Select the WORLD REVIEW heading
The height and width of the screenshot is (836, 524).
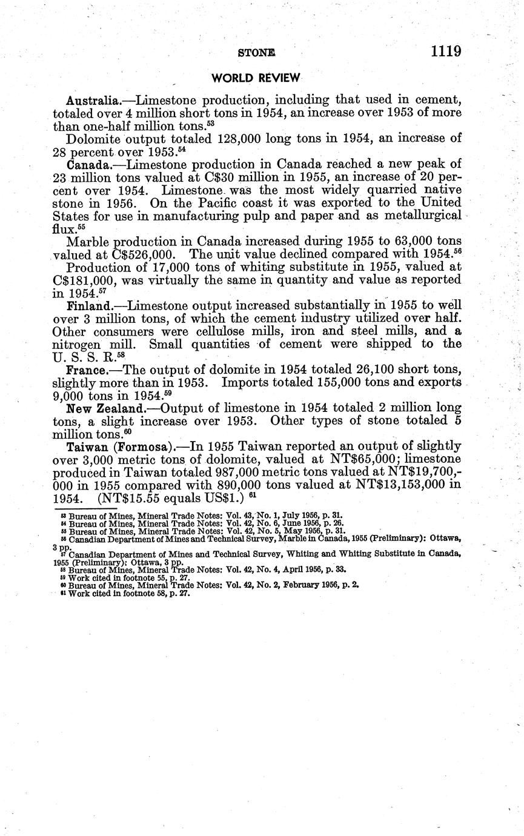(255, 78)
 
